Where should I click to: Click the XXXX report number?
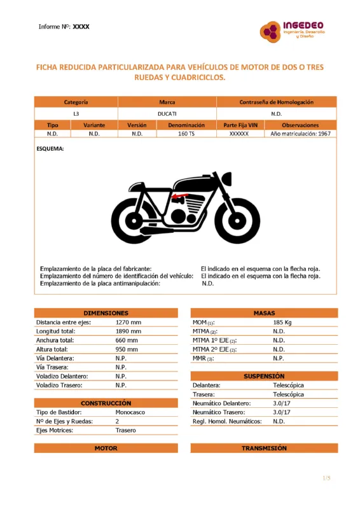click(81, 27)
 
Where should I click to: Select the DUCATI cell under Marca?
click(167, 114)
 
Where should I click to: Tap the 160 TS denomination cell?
click(186, 134)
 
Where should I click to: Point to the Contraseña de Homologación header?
click(277, 102)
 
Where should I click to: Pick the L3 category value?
click(76, 114)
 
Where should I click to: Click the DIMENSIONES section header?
click(106, 313)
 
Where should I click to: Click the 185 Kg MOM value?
click(282, 323)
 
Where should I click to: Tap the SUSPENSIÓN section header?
click(264, 376)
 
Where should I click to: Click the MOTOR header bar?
click(106, 449)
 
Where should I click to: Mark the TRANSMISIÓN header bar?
click(264, 449)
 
